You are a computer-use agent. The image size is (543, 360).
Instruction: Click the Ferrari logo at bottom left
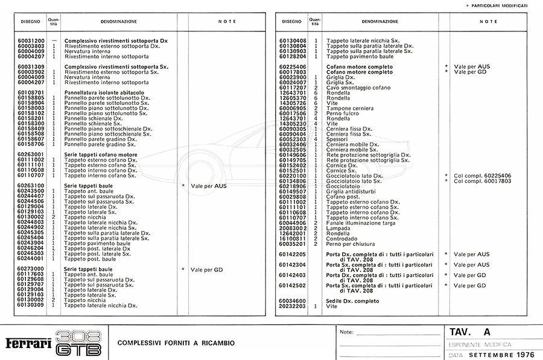(28, 343)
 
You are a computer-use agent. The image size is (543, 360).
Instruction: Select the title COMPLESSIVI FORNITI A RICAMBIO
(176, 343)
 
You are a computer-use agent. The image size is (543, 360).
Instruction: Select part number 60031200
(31, 41)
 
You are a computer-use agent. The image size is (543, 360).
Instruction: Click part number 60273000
(31, 269)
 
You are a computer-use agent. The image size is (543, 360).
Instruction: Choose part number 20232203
(293, 306)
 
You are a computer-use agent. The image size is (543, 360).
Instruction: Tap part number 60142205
(293, 254)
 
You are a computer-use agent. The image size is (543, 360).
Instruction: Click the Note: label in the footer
(346, 332)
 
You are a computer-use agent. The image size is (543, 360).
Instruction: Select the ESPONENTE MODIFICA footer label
(480, 344)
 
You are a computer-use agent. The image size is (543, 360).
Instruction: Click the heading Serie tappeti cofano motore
(101, 155)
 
